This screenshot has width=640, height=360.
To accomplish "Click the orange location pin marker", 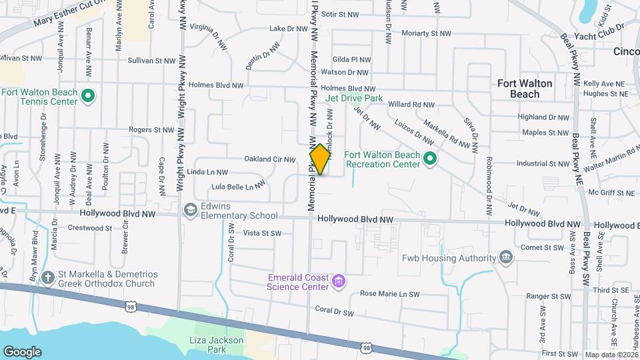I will (320, 159).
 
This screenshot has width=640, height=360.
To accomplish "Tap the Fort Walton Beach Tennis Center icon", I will (87, 97).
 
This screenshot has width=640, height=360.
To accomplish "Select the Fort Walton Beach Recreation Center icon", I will (430, 159).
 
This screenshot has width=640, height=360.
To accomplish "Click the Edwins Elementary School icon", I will (190, 210).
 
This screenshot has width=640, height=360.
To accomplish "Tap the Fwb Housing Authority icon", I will (506, 257).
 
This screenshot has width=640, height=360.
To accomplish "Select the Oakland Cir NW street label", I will (270, 159).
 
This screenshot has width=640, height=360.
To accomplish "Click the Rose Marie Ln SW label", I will (389, 294).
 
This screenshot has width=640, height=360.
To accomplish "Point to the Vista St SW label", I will (263, 233).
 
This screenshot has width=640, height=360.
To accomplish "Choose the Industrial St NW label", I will (543, 163).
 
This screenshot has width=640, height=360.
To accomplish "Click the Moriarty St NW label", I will (425, 33).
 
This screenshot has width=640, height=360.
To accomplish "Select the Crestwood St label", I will (91, 228).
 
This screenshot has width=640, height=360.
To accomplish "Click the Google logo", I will (22, 351).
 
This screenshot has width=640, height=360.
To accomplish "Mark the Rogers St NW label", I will (151, 130).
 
